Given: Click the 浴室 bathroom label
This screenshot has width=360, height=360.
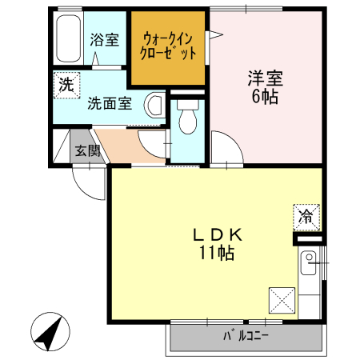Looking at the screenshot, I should click(x=105, y=39).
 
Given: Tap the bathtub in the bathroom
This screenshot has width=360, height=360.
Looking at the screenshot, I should click(x=66, y=41).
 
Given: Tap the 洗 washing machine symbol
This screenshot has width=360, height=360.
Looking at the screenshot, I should click(x=65, y=84).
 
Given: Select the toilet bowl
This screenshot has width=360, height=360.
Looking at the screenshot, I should click(x=188, y=120).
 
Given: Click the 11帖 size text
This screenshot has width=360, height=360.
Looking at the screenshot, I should click(x=216, y=254).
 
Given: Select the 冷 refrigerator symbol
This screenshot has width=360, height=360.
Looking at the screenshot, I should click(x=306, y=215).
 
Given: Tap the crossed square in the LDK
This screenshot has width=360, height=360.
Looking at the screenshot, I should click(x=282, y=301).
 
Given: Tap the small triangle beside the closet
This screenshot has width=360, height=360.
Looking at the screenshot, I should click(x=214, y=33).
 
